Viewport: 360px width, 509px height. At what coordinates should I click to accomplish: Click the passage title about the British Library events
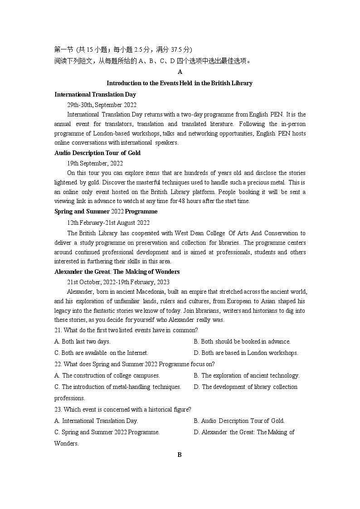tap(180, 83)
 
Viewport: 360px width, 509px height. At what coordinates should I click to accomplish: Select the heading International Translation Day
tap(95, 95)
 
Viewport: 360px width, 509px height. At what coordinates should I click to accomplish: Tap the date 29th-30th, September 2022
tap(102, 105)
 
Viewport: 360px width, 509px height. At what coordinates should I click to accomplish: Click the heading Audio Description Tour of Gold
tap(97, 153)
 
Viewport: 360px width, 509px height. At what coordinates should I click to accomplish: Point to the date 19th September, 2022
tap(95, 163)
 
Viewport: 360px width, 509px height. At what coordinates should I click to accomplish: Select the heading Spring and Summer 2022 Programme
tap(106, 212)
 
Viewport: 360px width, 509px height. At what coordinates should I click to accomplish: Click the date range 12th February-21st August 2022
tap(108, 223)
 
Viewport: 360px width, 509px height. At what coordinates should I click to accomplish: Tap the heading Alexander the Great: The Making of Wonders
tap(117, 272)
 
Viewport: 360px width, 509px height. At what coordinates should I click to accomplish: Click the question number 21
tap(58, 330)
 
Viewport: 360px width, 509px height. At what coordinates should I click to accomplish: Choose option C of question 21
tap(101, 353)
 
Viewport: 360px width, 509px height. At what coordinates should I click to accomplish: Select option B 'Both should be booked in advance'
tap(242, 342)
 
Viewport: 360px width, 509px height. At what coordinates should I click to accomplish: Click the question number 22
tap(58, 364)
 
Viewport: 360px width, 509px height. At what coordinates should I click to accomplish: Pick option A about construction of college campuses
tap(107, 376)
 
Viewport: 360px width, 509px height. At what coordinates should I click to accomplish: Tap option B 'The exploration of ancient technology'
tap(247, 376)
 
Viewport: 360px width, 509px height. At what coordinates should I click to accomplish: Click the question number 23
tap(58, 410)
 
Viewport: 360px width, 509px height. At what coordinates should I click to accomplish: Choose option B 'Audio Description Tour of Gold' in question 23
tap(239, 421)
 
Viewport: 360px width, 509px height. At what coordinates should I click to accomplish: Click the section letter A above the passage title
tap(180, 72)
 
